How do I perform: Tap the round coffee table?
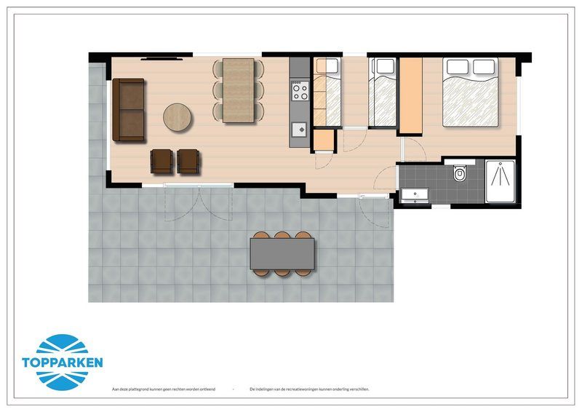click(178, 116)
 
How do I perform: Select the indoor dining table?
click(239, 90)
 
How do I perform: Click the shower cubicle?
click(501, 182)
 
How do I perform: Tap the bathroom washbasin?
click(414, 194)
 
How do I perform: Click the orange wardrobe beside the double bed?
click(411, 95)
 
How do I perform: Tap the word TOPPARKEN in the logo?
click(63, 362)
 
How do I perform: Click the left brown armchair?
click(162, 161)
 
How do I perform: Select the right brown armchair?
click(188, 161)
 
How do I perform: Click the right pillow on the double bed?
click(485, 68)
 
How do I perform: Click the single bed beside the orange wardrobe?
click(382, 93)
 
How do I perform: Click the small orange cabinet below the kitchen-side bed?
click(324, 140)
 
